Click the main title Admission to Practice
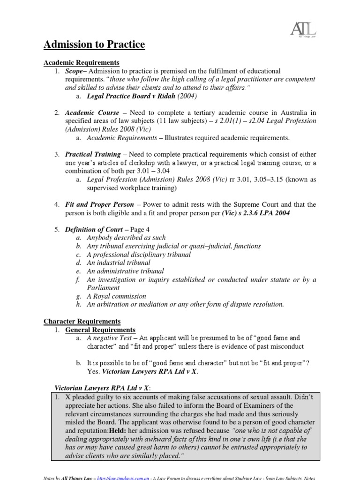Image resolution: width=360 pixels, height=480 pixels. click(x=94, y=45)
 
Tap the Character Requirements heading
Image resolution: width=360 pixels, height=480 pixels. click(x=82, y=321)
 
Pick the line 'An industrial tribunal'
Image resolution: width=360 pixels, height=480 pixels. click(x=119, y=262)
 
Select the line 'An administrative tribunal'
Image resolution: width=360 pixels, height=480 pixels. click(x=125, y=271)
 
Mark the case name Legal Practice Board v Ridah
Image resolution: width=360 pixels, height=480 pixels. click(x=133, y=97)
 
